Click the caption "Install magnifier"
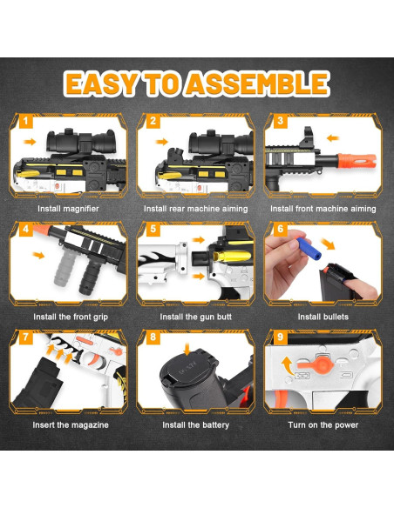click(67, 209)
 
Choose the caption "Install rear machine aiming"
click(196, 209)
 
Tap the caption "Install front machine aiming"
click(323, 209)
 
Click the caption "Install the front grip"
click(67, 317)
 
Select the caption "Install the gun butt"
click(196, 317)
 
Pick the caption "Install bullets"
click(323, 317)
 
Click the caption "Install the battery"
click(196, 425)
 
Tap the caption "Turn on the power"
click(323, 425)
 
